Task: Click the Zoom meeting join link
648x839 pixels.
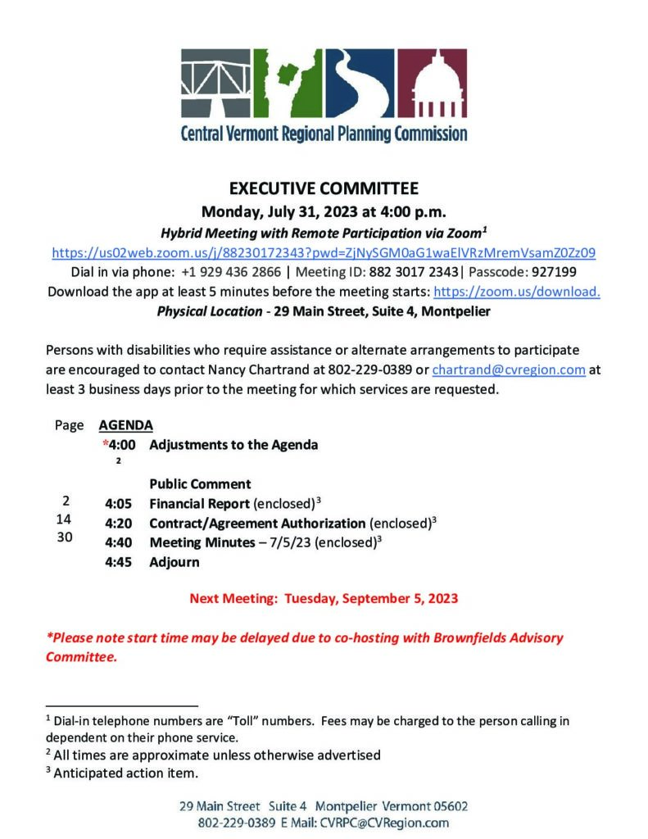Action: click(324, 252)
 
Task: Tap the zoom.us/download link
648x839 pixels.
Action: click(516, 292)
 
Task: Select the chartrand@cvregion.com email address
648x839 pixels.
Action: click(509, 370)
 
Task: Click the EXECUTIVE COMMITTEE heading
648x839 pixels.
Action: click(324, 188)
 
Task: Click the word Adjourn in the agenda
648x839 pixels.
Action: click(174, 563)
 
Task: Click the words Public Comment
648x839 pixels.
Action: click(200, 484)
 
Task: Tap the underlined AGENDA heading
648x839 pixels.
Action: click(125, 426)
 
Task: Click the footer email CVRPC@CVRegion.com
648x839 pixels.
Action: click(383, 823)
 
